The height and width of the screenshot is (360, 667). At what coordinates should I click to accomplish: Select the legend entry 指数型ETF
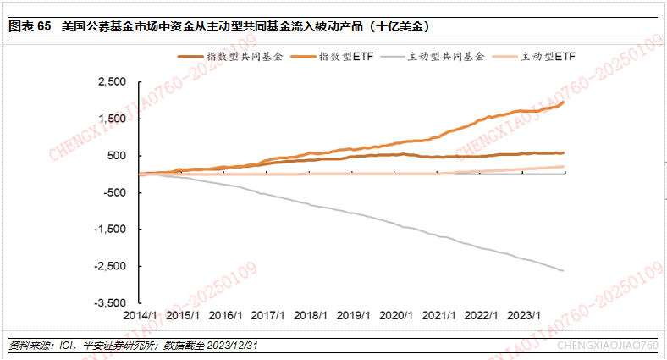345,57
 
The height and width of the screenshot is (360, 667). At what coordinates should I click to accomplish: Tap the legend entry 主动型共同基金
445,57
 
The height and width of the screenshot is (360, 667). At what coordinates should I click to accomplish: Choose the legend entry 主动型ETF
546,57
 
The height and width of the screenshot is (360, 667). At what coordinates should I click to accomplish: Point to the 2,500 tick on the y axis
112,82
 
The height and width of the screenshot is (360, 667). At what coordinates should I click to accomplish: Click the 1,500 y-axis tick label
112,119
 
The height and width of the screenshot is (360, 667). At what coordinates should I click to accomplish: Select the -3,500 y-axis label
110,302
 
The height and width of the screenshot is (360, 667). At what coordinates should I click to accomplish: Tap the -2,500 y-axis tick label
110,266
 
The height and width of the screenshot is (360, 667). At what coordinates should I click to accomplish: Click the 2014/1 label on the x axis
138,314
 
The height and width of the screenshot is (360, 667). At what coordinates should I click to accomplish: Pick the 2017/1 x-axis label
267,314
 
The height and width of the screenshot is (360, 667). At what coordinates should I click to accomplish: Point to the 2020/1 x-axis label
395,314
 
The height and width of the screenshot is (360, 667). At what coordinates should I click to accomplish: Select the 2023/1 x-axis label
524,314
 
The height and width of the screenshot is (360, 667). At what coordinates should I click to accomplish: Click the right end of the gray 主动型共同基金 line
564,270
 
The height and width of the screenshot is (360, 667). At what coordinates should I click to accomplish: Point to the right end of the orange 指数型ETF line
564,102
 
